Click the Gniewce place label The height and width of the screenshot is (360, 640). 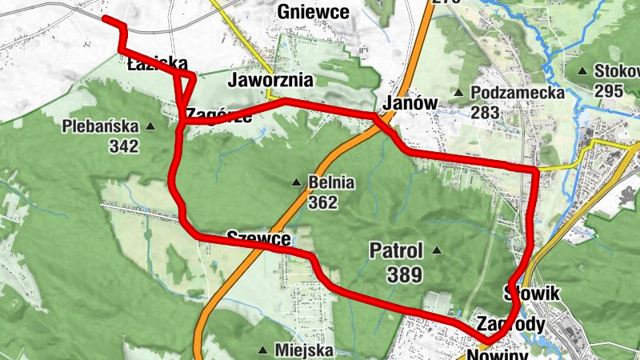(x=313, y=12)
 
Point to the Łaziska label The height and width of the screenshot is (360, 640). (x=158, y=64)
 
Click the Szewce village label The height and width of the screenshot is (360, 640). (x=257, y=237)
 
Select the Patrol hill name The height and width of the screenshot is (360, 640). (x=396, y=250)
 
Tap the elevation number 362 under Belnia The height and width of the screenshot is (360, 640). (x=322, y=202)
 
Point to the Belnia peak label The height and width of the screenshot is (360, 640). (x=330, y=183)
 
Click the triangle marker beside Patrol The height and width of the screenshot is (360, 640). (x=437, y=250)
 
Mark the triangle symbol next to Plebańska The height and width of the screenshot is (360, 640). (x=150, y=126)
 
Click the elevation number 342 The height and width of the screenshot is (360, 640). (x=126, y=146)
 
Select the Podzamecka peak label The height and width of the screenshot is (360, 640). (x=518, y=93)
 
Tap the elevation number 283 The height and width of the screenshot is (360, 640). (x=486, y=112)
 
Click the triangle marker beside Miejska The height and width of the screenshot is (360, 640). (x=263, y=350)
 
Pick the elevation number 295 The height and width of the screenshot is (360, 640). (x=609, y=90)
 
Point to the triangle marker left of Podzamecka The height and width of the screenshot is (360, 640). (x=459, y=93)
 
